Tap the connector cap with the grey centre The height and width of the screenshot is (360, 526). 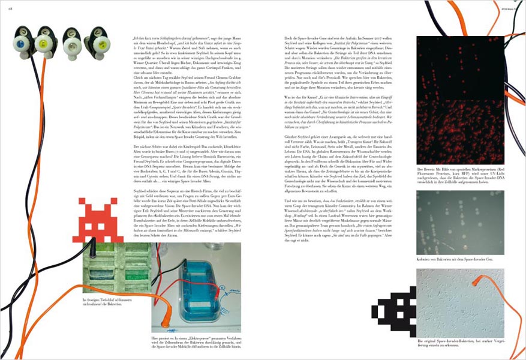coord(74,41)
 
